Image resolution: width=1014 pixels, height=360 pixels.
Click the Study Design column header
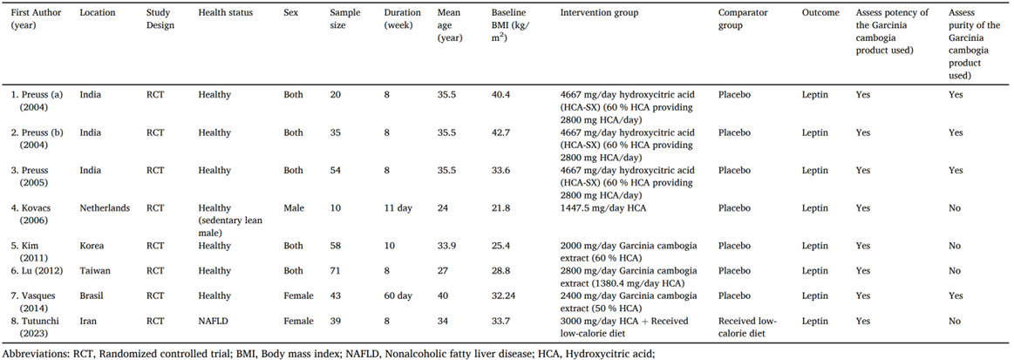point(160,19)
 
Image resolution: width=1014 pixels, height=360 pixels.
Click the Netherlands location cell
point(105,208)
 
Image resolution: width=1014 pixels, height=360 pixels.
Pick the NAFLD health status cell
point(213,322)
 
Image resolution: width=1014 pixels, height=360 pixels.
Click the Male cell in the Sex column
point(295,208)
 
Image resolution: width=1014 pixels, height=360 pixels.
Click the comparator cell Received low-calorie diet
point(747,328)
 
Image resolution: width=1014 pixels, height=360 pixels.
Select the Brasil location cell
point(93,296)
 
